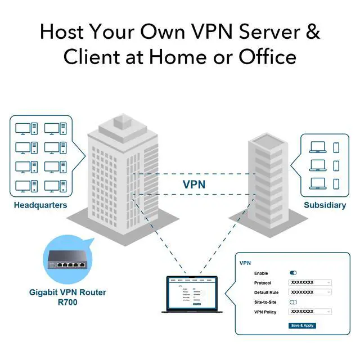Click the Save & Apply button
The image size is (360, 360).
[x=302, y=326]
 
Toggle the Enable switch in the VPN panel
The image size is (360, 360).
[x=293, y=273]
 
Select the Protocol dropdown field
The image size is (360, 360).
[x=309, y=282]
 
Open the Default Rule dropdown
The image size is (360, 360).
[x=309, y=292]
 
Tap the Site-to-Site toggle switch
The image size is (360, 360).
[x=293, y=302]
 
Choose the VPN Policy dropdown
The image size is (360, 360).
[x=309, y=312]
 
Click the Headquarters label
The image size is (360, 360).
[x=40, y=205]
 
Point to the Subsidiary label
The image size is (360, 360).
[x=325, y=205]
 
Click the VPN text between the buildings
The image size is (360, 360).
[x=194, y=184]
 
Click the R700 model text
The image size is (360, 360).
[x=67, y=303]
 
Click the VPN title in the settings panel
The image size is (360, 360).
[x=245, y=263]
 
